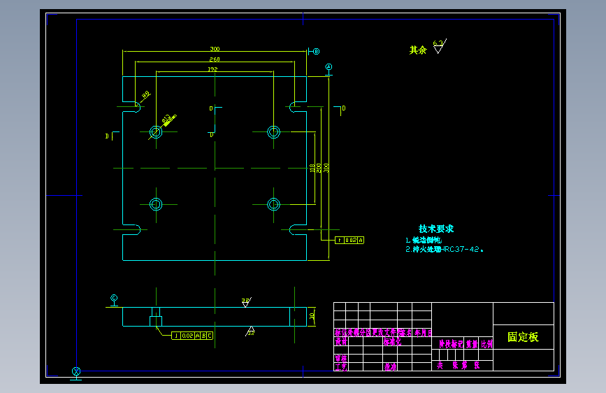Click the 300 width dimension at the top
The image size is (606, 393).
[215, 49]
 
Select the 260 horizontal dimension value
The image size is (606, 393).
[215, 60]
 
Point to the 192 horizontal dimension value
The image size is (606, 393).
[212, 70]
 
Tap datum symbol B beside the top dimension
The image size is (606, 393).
[316, 51]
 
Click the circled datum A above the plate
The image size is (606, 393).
[329, 66]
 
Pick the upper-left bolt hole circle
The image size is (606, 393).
[155, 131]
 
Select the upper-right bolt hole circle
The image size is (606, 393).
[273, 131]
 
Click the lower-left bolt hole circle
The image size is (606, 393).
[155, 204]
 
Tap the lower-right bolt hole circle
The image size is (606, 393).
[273, 204]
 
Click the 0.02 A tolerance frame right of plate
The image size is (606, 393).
[350, 241]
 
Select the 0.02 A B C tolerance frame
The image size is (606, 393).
[193, 336]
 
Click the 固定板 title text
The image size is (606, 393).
[523, 337]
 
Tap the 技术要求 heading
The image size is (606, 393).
[436, 229]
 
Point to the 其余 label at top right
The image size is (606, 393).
[417, 50]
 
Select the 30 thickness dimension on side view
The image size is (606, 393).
[312, 316]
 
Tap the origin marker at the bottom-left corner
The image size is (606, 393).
[76, 371]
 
